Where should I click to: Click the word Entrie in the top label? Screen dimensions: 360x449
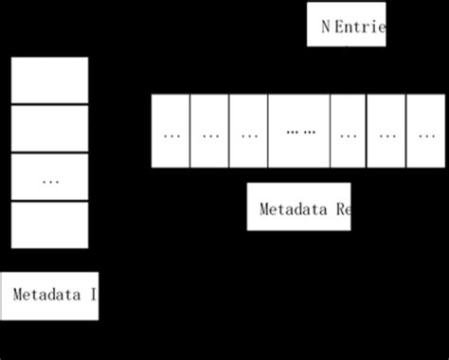pyautogui.click(x=361, y=27)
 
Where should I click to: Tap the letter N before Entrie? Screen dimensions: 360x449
pyautogui.click(x=326, y=27)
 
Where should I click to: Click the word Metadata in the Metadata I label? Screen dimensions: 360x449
pyautogui.click(x=48, y=295)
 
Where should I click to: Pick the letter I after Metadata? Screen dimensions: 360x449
pyautogui.click(x=93, y=295)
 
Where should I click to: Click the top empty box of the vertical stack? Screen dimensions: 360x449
pyautogui.click(x=49, y=81)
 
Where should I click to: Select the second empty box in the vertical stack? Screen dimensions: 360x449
pyautogui.click(x=49, y=129)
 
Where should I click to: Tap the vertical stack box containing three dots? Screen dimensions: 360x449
pyautogui.click(x=49, y=177)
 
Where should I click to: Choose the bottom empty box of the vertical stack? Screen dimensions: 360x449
pyautogui.click(x=49, y=225)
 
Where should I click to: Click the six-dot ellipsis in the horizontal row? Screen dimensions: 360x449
pyautogui.click(x=299, y=133)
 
